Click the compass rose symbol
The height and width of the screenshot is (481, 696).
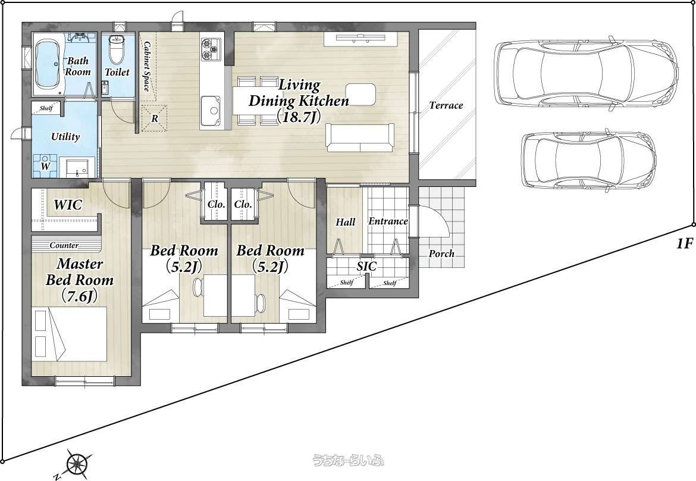[78, 464]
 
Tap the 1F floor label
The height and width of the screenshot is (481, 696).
[684, 243]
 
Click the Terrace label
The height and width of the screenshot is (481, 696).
[446, 105]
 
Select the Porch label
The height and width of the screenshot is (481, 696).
[441, 254]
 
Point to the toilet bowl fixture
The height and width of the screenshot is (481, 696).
[116, 49]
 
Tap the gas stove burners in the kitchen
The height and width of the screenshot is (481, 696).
[211, 49]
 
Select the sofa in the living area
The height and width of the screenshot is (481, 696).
[360, 138]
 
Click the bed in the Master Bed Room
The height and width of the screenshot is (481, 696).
[70, 333]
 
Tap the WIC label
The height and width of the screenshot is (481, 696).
[68, 205]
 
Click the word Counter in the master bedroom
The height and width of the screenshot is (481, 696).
[64, 245]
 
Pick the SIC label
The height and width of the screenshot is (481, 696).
[366, 266]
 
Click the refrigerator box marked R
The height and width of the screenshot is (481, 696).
[155, 118]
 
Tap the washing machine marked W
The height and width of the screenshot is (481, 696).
[45, 165]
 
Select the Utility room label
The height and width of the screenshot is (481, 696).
[65, 136]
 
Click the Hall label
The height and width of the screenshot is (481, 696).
[346, 222]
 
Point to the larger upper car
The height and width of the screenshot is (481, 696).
[586, 74]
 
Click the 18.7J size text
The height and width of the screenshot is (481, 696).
[298, 116]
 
